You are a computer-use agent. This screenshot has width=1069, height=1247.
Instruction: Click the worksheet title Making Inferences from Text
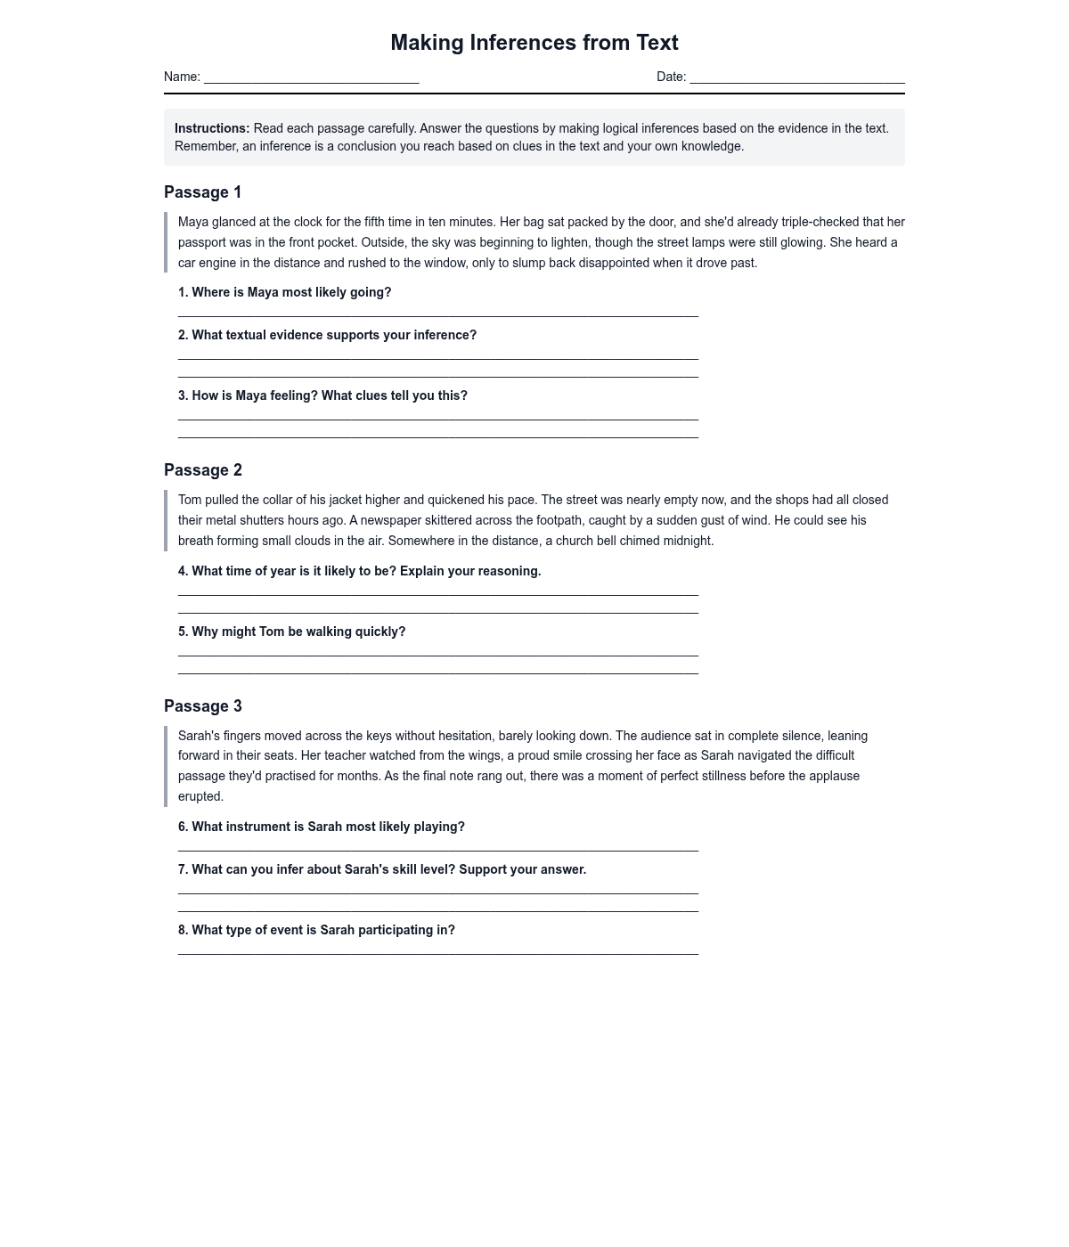click(x=534, y=43)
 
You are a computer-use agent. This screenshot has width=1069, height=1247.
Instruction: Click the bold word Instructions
click(x=212, y=128)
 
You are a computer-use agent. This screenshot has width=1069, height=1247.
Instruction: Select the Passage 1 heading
click(x=203, y=192)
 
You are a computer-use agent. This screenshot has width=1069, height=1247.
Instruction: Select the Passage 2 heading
click(x=203, y=470)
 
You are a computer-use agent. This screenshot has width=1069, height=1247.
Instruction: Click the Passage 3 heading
click(x=203, y=706)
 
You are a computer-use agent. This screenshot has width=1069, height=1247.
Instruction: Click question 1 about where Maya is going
click(x=284, y=292)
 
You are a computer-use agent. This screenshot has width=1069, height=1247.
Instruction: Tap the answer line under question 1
click(x=437, y=314)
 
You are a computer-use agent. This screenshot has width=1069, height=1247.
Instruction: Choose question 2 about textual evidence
click(x=327, y=335)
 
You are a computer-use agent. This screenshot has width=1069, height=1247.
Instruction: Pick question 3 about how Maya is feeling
click(x=322, y=395)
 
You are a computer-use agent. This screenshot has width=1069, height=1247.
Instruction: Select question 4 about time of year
click(x=359, y=571)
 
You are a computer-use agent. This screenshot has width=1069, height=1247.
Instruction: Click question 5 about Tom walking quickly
click(x=291, y=632)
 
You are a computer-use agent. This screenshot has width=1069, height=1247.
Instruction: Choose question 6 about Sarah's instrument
click(x=321, y=827)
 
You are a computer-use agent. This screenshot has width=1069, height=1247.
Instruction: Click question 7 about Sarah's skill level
click(x=381, y=869)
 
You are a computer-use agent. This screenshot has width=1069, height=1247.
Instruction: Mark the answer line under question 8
click(x=437, y=952)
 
